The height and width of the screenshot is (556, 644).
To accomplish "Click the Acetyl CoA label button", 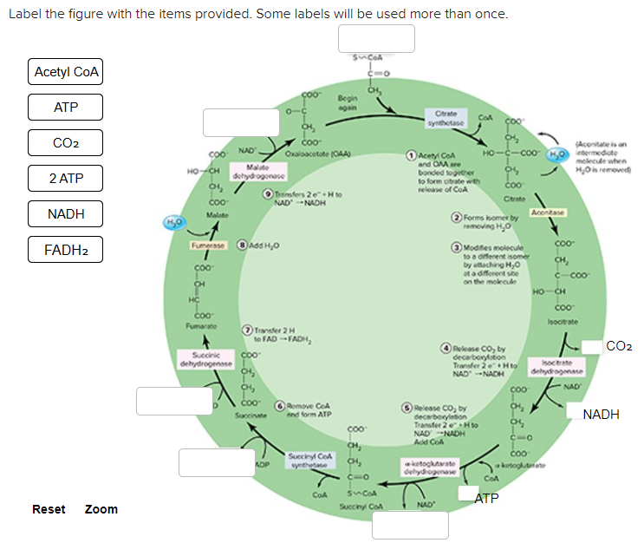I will coord(66,72).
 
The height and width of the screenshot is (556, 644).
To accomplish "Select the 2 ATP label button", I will coord(66,179).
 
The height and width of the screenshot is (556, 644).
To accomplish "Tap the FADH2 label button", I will coord(66,250).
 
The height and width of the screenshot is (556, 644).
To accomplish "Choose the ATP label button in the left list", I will coord(66,108).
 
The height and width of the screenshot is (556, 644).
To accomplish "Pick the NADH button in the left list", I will coord(66,214).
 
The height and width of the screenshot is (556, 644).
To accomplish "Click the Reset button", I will coord(49,509).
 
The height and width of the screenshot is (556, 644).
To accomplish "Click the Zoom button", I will coord(101,509).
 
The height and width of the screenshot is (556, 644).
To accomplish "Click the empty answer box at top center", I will coord(376,38).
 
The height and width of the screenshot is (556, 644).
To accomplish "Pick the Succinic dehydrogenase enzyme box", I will coord(205,360).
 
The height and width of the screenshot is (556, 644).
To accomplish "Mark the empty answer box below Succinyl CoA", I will coord(410,525).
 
